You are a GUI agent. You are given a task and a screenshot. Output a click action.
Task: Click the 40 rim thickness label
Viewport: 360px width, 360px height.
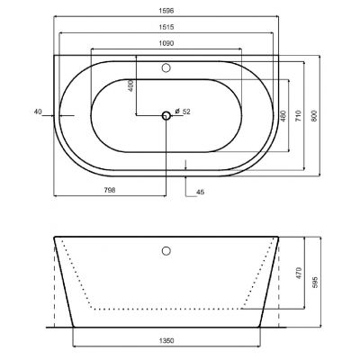point(38,112)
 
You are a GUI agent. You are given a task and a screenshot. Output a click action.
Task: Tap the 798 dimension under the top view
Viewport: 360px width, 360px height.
point(110,190)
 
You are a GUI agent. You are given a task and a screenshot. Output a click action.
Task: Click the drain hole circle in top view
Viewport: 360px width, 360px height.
point(166,115)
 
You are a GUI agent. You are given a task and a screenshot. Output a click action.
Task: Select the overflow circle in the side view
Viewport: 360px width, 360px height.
point(166,251)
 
